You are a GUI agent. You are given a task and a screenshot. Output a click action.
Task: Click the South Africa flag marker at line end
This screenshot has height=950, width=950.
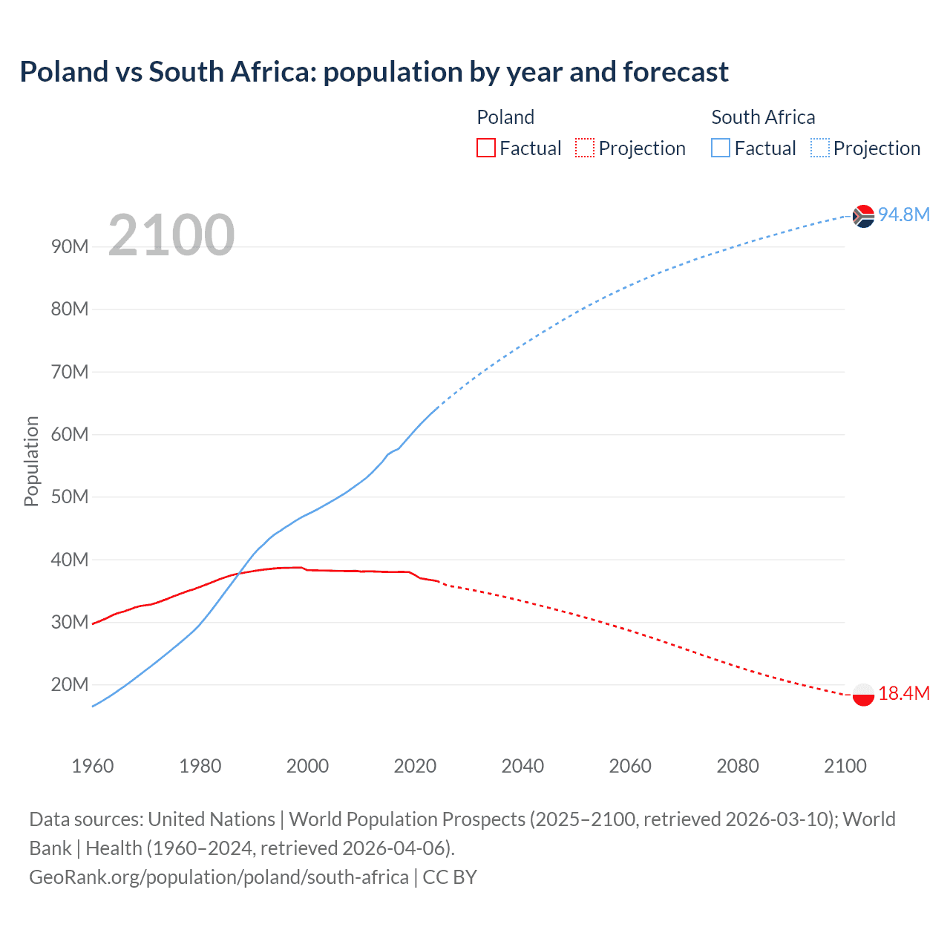click(x=863, y=216)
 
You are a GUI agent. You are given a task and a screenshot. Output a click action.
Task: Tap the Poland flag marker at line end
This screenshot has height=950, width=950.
click(x=863, y=695)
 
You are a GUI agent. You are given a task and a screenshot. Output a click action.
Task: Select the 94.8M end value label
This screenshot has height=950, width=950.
click(x=904, y=214)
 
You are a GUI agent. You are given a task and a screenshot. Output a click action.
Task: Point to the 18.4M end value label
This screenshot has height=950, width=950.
click(x=904, y=693)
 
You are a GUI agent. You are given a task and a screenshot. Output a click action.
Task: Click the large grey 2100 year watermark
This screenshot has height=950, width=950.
click(x=171, y=235)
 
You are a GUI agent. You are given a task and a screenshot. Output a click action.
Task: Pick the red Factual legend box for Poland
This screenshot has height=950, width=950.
click(x=485, y=148)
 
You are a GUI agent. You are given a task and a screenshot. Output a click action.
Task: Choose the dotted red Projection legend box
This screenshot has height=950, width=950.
click(x=585, y=148)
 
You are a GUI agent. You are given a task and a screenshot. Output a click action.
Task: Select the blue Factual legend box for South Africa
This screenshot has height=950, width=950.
click(x=720, y=148)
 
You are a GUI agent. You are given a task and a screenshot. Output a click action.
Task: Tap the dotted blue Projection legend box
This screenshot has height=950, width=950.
click(x=820, y=148)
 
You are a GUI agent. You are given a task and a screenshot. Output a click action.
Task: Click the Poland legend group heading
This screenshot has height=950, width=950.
click(x=505, y=117)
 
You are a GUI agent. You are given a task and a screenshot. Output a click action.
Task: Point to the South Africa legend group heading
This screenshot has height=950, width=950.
click(x=763, y=117)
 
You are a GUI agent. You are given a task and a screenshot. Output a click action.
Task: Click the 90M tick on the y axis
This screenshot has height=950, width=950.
click(x=70, y=246)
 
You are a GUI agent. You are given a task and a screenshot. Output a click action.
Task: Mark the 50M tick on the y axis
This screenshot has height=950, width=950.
click(x=70, y=497)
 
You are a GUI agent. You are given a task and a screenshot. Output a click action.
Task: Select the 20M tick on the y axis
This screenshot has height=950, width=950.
click(x=70, y=684)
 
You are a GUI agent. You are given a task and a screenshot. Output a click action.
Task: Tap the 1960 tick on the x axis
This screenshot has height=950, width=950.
click(x=93, y=766)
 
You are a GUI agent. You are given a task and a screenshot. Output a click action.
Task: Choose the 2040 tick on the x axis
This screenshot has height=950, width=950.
click(x=522, y=766)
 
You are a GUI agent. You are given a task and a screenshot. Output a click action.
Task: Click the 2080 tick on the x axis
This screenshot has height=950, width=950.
click(x=738, y=766)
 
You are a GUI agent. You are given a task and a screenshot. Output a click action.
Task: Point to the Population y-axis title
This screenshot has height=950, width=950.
click(x=31, y=461)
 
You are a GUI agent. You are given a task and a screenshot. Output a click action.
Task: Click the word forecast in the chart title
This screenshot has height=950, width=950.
click(x=675, y=72)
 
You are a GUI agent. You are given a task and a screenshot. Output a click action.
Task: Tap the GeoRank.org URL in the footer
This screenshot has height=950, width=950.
click(x=219, y=877)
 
